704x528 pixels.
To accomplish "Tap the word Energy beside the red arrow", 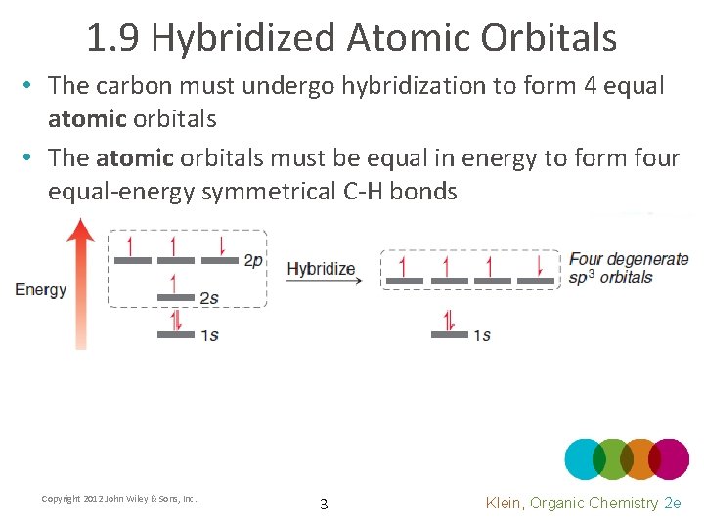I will (x=40, y=289).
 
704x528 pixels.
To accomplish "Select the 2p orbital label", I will (x=253, y=260).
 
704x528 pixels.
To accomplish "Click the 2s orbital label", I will (x=208, y=298).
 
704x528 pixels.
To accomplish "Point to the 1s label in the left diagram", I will (x=208, y=335).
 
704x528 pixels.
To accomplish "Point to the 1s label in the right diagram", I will (x=481, y=335).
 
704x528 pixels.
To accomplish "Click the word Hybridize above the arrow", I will (x=321, y=269).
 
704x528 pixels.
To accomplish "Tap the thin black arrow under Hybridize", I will (x=324, y=282).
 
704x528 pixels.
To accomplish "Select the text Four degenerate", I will (x=629, y=260).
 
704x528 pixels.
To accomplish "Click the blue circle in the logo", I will (x=584, y=459).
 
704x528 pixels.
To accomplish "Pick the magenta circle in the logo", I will (x=670, y=459).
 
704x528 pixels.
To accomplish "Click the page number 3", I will (x=324, y=505).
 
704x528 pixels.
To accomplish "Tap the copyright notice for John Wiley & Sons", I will (x=119, y=499).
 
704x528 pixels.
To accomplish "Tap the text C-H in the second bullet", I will (x=362, y=191).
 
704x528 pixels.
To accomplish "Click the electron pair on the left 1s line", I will (x=176, y=320).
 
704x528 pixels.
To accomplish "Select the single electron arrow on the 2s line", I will (x=174, y=283).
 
